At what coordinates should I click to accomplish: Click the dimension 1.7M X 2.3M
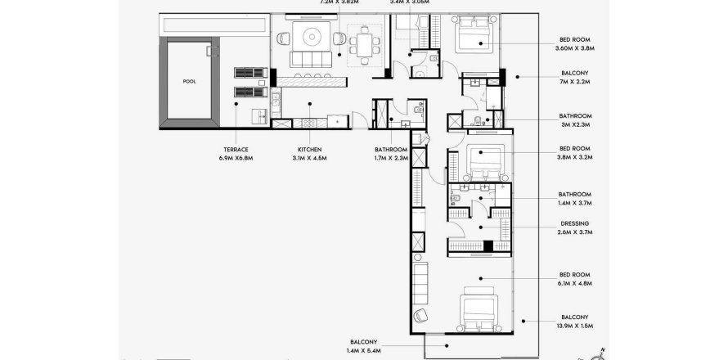coord(390,157)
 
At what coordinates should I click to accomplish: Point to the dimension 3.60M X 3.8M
coord(575,47)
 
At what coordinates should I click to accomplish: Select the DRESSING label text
coord(575,223)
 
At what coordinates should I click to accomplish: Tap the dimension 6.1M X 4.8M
coord(575,283)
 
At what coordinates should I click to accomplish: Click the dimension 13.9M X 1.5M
coord(575,326)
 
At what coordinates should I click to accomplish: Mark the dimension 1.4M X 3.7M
coord(575,202)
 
